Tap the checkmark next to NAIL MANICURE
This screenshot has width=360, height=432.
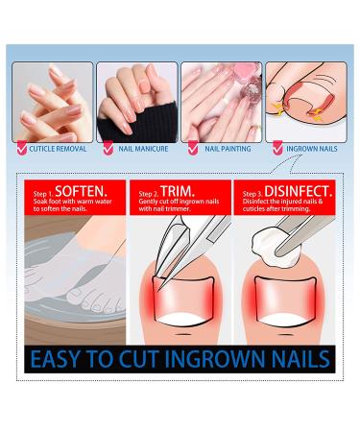(108, 149)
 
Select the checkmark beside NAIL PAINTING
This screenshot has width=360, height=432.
(192, 149)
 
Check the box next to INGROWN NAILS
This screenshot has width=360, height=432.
(277, 149)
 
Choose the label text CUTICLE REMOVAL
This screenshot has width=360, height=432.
(60, 149)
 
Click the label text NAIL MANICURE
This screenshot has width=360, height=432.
(145, 149)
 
